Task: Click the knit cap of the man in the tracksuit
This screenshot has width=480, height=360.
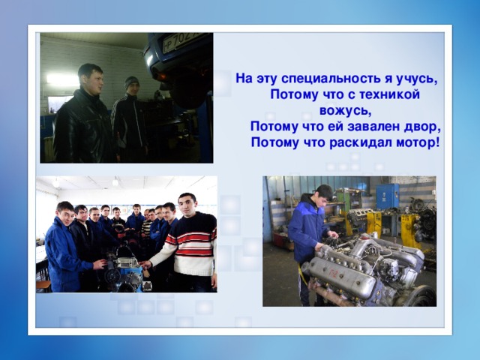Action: tap(132, 81)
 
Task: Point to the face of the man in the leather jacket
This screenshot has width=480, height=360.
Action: tap(91, 80)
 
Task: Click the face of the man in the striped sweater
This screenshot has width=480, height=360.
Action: tap(187, 205)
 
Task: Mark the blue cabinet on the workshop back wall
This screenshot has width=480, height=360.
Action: tap(387, 196)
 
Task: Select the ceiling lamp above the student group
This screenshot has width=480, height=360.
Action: tap(115, 182)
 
